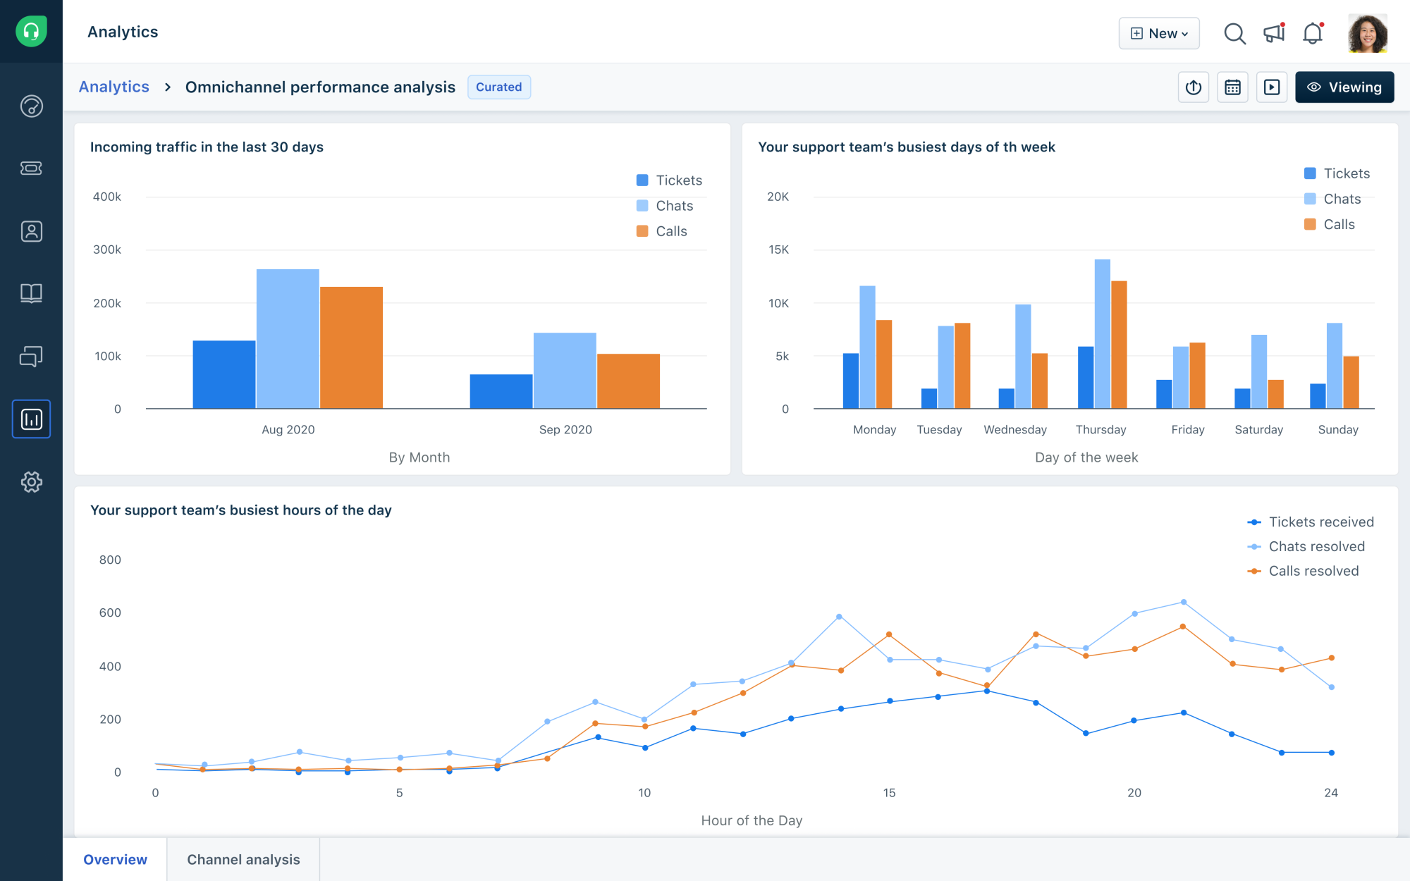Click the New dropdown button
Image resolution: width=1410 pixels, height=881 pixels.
pos(1159,33)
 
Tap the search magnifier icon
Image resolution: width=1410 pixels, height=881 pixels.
pos(1234,33)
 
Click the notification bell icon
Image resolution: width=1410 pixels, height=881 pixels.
pos(1312,33)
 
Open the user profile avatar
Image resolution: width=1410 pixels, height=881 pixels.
pos(1367,33)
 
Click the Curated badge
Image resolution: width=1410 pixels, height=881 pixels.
pos(498,87)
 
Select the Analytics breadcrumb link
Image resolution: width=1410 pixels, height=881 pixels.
pos(114,87)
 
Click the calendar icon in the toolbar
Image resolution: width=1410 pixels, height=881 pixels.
pos(1232,87)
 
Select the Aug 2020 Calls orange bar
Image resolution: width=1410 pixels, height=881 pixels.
pos(351,347)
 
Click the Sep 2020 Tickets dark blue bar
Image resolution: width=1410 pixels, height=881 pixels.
pos(501,391)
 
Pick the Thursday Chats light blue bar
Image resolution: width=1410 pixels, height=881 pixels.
pos(1102,333)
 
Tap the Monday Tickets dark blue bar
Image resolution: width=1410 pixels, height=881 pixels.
pos(851,381)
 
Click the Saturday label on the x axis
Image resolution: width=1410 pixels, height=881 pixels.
pos(1258,429)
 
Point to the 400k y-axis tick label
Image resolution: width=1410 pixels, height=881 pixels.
pos(107,197)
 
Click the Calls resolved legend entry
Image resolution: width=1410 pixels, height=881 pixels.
pos(1312,571)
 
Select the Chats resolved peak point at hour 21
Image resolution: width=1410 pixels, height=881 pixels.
pos(1183,603)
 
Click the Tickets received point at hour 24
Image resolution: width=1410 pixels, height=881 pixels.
pos(1331,753)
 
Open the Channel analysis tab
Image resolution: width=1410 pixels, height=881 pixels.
pos(243,859)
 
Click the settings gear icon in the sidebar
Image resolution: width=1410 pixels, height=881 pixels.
pos(31,482)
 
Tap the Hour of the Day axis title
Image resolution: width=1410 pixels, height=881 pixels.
pos(752,820)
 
